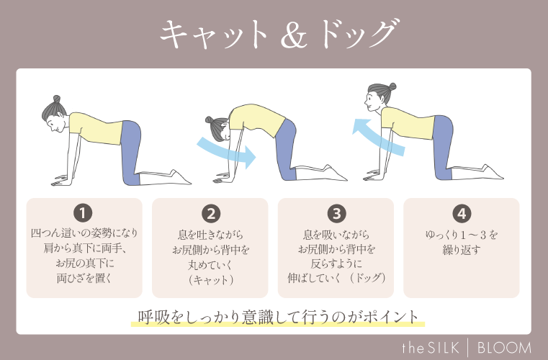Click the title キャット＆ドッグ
click(x=279, y=34)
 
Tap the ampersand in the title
click(x=294, y=35)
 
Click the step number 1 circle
click(x=84, y=213)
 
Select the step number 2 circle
click(x=211, y=213)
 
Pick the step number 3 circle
click(x=336, y=213)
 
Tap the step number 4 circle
click(x=462, y=213)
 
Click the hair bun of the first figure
click(x=57, y=99)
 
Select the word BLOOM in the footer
click(x=504, y=348)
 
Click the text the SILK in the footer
click(x=430, y=348)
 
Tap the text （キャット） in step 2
click(x=210, y=280)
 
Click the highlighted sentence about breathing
click(x=278, y=318)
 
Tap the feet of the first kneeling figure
click(x=180, y=176)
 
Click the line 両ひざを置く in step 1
click(x=84, y=279)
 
